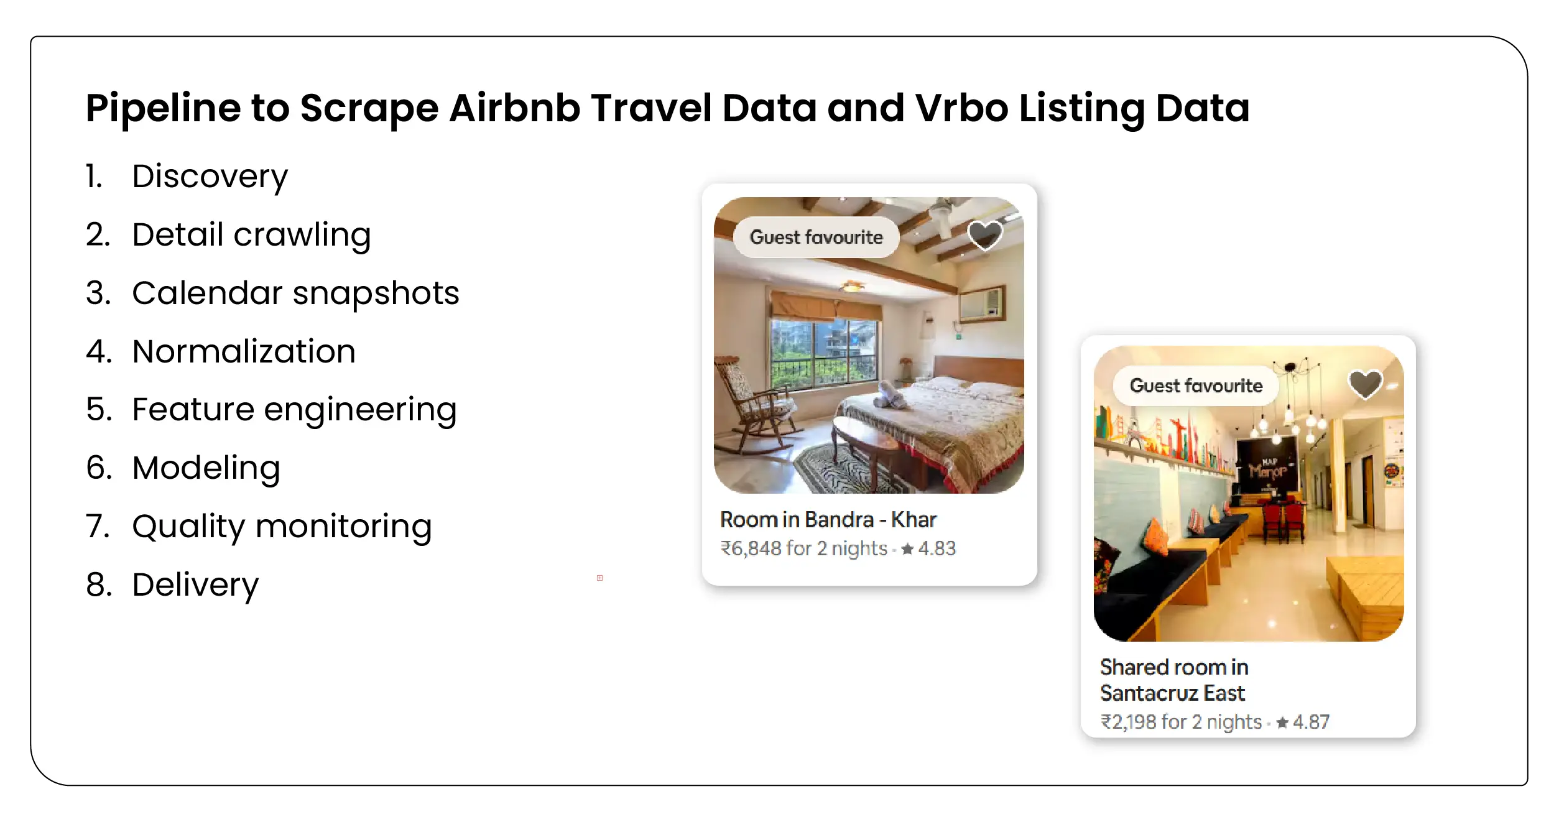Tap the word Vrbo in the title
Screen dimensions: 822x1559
click(x=961, y=108)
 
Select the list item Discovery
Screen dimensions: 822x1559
click(x=210, y=177)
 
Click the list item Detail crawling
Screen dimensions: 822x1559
click(x=251, y=235)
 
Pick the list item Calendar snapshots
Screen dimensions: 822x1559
click(x=295, y=293)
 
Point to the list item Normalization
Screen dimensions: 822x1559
click(x=244, y=352)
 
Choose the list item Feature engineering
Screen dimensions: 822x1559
click(x=294, y=410)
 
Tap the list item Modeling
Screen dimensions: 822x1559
click(x=206, y=468)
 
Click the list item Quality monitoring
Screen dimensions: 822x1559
click(x=282, y=527)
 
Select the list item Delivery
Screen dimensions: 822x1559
click(x=195, y=585)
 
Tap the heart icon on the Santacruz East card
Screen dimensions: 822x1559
click(x=1365, y=384)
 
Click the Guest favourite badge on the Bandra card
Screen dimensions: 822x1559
click(x=816, y=237)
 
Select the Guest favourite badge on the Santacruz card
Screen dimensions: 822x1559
click(x=1196, y=386)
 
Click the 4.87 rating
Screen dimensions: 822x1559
click(x=1310, y=722)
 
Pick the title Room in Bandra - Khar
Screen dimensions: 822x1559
click(x=828, y=520)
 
